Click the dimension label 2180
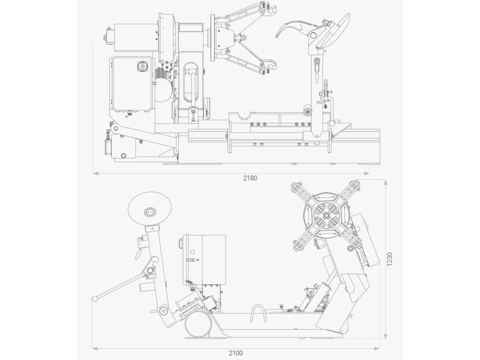250,178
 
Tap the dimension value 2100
236,353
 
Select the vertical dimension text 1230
390,259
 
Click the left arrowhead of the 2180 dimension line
96,173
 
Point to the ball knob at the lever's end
95,298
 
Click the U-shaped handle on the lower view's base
258,313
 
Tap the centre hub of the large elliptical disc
150,211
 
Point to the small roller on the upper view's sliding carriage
308,112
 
